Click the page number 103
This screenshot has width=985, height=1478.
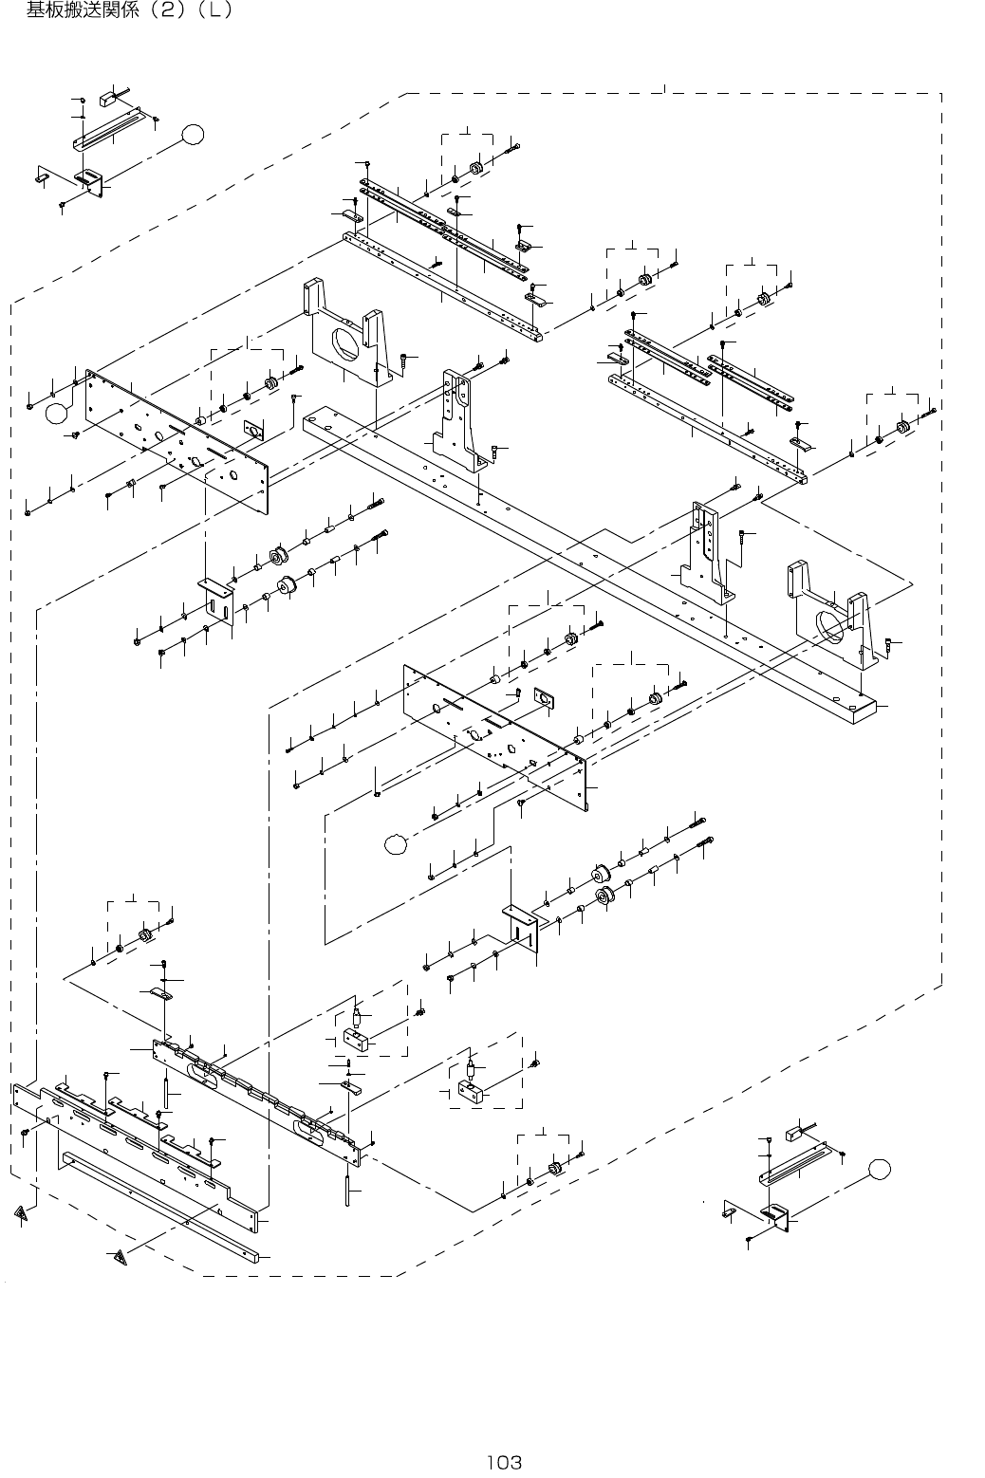[x=504, y=1462]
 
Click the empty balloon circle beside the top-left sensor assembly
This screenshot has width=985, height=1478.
[x=193, y=135]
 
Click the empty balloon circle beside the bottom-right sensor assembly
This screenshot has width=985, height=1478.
[x=882, y=1169]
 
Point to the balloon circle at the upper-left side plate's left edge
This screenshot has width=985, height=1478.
[x=58, y=412]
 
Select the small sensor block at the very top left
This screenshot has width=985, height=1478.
[x=121, y=98]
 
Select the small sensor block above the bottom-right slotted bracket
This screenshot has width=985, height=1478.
[x=794, y=1134]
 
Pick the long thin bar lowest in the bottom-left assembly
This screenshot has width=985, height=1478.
[x=161, y=1209]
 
